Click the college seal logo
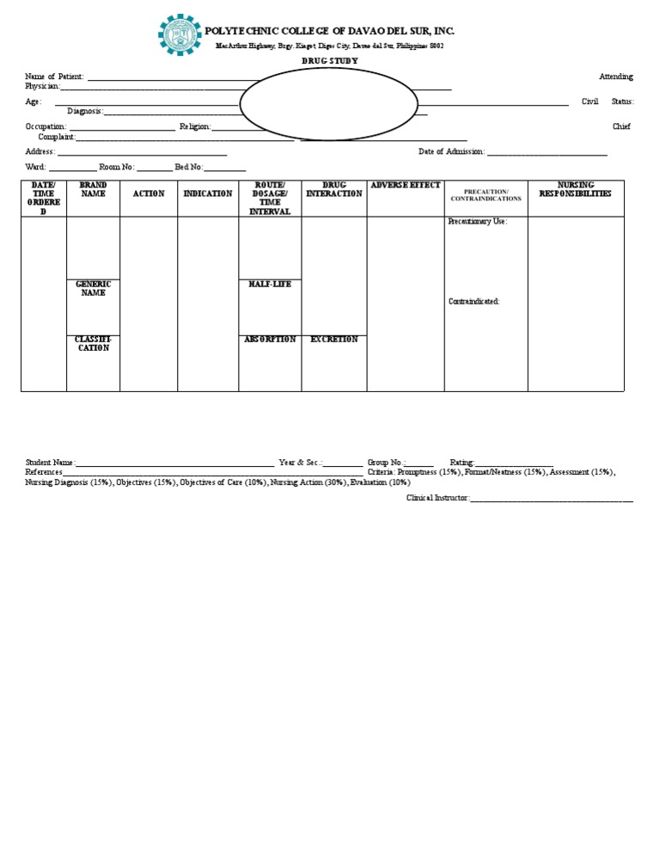[180, 35]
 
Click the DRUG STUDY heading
[330, 61]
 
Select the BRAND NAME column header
[93, 189]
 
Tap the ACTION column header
[149, 193]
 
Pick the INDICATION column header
[208, 193]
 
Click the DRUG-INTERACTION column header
[334, 189]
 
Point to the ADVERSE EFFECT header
[406, 185]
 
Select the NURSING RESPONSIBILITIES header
[575, 189]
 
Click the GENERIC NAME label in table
[93, 288]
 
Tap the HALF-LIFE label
[270, 284]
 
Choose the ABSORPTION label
[270, 339]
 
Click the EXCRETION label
[334, 339]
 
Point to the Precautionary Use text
[477, 221]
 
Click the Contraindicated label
[474, 301]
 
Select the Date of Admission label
[451, 151]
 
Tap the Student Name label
[50, 462]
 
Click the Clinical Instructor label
[437, 498]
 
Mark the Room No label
[116, 167]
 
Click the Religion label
[194, 126]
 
